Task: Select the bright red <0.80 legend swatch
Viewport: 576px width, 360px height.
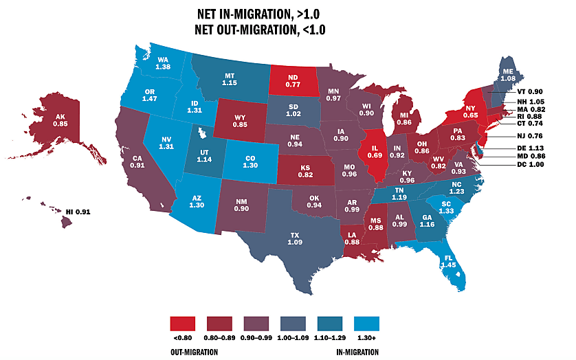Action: [183, 323]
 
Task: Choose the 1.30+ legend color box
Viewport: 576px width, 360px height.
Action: [367, 323]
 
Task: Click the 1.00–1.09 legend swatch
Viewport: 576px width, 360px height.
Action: [293, 323]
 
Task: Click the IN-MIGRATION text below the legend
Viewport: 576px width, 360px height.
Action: [359, 352]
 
